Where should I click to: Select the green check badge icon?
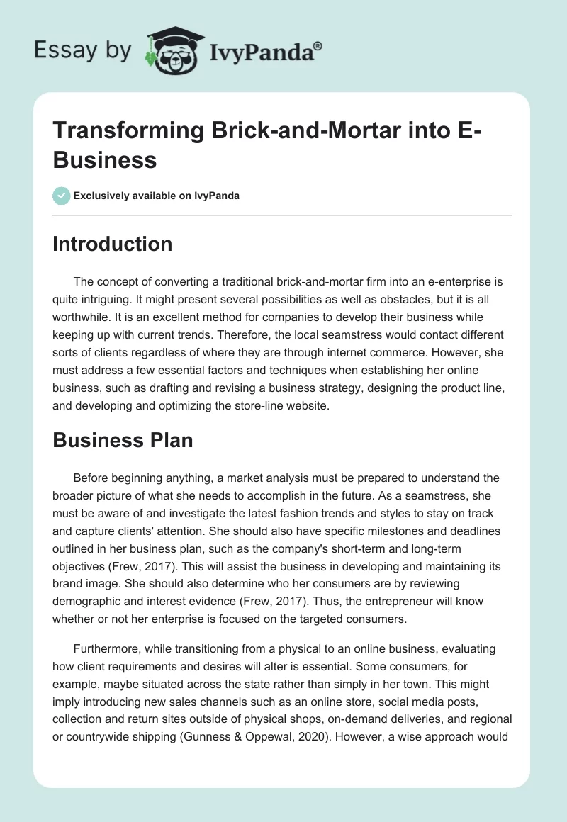click(62, 196)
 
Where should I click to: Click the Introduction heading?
click(113, 244)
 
